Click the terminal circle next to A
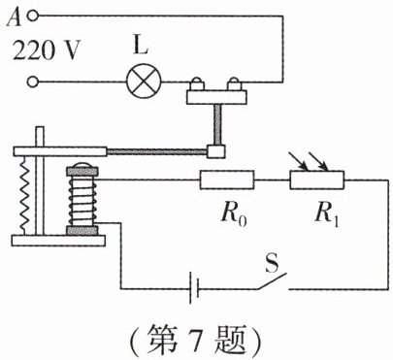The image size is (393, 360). click(32, 16)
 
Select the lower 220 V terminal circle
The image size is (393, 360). click(32, 82)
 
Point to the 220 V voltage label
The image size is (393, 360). click(46, 50)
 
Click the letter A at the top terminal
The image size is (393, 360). click(14, 17)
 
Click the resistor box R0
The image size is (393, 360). click(227, 180)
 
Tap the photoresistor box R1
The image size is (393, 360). click(317, 180)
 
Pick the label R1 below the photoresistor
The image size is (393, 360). click(327, 214)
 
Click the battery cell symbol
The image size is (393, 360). click(194, 288)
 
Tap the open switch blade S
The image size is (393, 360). click(273, 281)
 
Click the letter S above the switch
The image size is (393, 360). click(272, 263)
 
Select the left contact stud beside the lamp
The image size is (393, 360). click(197, 84)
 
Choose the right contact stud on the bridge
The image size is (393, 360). click(234, 84)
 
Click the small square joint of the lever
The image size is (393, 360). click(216, 151)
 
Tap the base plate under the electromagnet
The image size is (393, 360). click(58, 241)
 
